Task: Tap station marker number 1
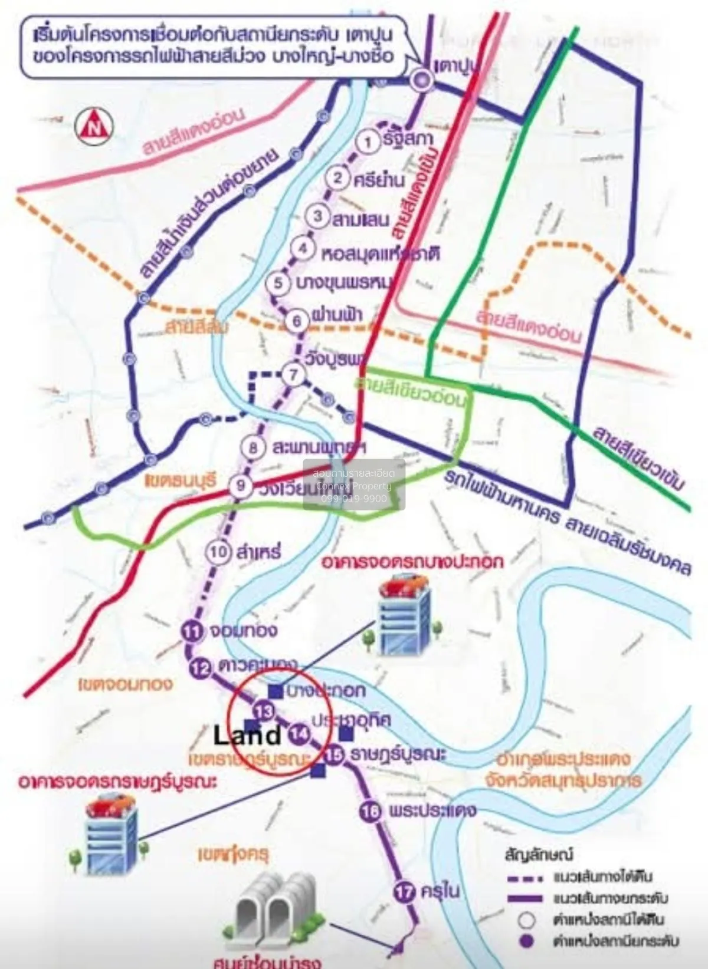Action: pos(369,141)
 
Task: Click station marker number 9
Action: pos(241,486)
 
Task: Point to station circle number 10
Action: pos(218,552)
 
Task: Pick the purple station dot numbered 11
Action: pos(192,632)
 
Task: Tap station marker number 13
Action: pos(265,711)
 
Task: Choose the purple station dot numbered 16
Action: pos(370,812)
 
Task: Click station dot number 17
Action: pos(404,892)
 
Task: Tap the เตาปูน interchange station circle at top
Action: pos(422,80)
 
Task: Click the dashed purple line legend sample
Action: pos(525,878)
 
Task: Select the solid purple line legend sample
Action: pos(525,899)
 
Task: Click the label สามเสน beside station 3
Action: pos(361,219)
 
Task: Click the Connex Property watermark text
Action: pos(354,486)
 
